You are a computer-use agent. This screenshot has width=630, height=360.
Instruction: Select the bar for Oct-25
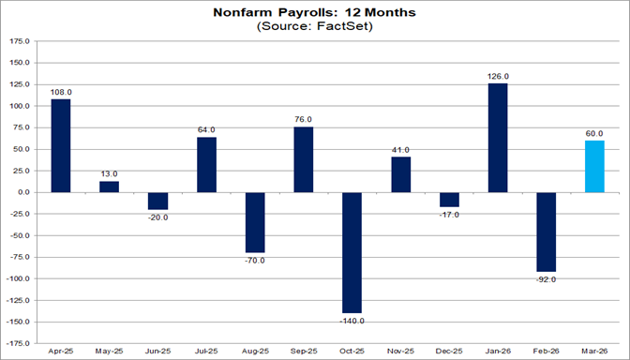(x=352, y=252)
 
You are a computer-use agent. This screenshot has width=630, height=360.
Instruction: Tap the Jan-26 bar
(x=498, y=138)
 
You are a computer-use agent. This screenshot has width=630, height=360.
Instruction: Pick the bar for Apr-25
(x=62, y=145)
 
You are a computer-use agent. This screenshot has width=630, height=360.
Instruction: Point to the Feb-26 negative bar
(x=547, y=232)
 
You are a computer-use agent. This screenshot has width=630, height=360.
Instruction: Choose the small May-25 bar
(x=110, y=187)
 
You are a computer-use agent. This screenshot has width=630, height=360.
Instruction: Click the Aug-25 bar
(x=255, y=222)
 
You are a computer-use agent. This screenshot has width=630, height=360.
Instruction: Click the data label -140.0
(x=352, y=321)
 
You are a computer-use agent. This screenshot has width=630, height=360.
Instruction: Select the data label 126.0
(x=498, y=76)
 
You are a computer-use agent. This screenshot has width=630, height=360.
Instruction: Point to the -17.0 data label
(x=449, y=215)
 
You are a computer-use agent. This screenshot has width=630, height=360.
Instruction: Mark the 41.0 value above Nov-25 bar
(x=400, y=149)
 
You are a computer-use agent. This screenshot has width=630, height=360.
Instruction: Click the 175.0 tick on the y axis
(x=19, y=42)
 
